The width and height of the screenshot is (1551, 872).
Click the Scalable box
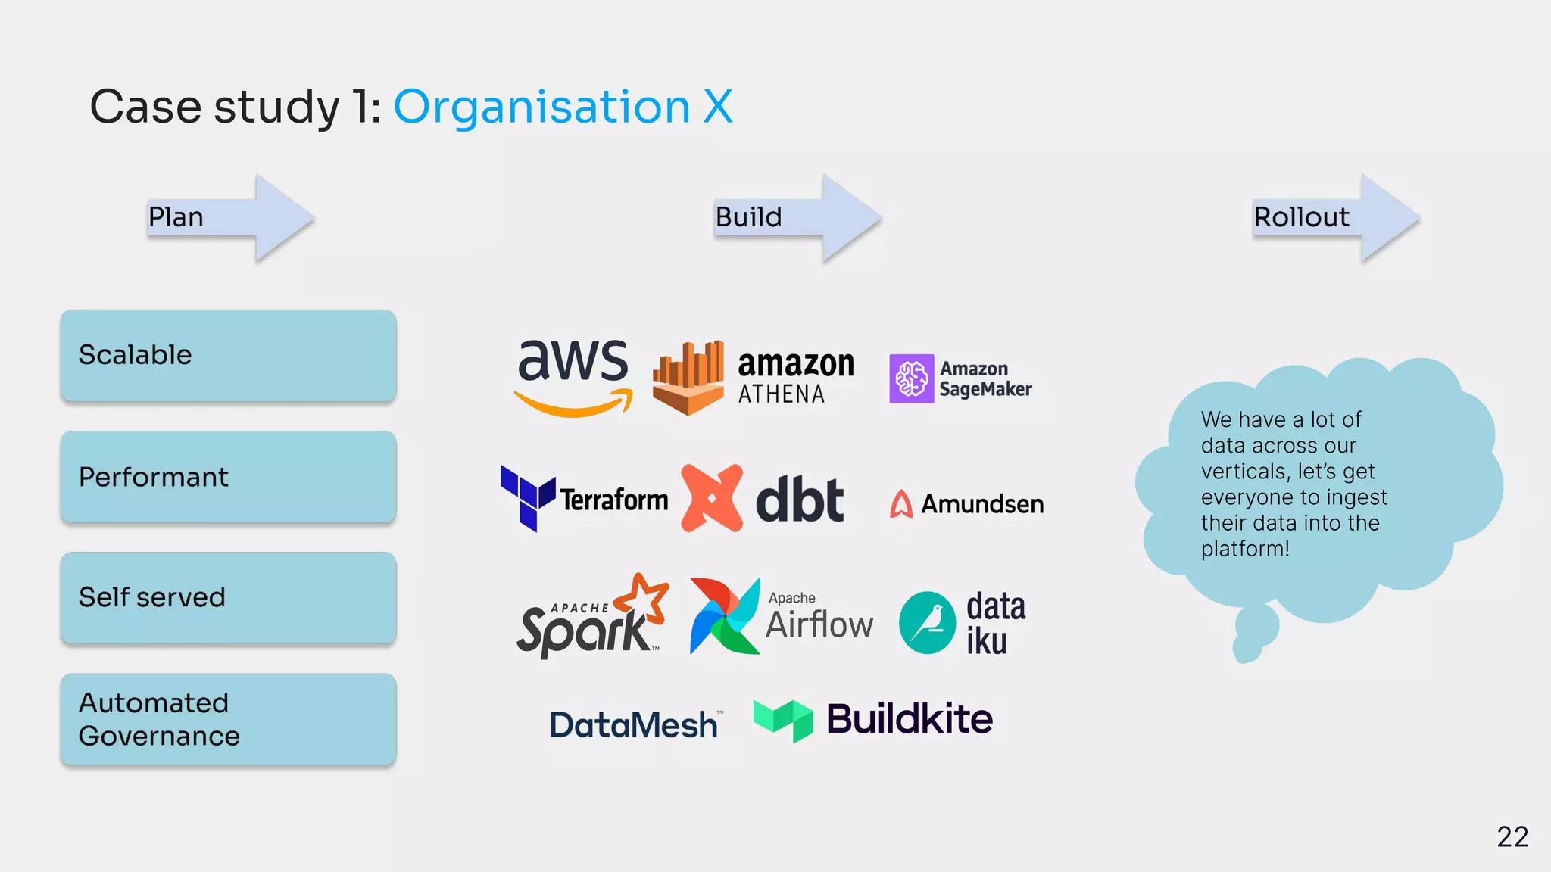[228, 356]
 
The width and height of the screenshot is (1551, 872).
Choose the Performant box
[228, 477]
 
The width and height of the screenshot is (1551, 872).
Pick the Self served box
[228, 598]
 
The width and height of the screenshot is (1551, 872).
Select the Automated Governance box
[228, 719]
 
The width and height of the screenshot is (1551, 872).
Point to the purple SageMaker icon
[911, 378]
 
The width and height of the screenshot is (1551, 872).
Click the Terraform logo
[584, 499]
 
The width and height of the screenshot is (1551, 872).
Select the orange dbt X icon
[711, 498]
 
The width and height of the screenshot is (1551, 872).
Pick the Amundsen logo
[967, 503]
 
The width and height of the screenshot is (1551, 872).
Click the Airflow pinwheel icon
[724, 616]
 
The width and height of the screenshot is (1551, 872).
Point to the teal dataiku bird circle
[927, 623]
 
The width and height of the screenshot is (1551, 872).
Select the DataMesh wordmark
[633, 725]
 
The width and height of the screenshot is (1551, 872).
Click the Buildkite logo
[873, 719]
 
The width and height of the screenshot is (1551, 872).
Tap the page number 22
[1512, 836]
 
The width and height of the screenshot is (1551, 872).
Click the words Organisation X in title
[563, 107]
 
